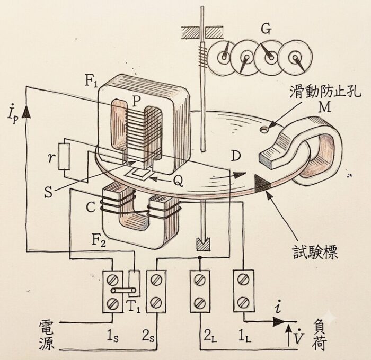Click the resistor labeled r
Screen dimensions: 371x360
[64, 156]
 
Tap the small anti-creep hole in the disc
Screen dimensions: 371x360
[264, 129]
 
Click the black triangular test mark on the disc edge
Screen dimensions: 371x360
[262, 183]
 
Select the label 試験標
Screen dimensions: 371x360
[315, 252]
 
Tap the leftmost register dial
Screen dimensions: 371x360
[223, 57]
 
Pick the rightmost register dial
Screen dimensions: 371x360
[295, 57]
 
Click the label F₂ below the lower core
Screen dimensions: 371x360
[99, 241]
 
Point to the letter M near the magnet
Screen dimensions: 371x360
[324, 108]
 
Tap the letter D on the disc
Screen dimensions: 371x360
[235, 156]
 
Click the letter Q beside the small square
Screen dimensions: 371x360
[178, 181]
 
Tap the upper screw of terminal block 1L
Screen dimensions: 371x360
[243, 279]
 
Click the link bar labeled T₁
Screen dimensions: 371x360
[123, 290]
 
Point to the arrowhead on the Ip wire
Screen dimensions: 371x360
[26, 112]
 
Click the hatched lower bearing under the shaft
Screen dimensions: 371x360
[203, 245]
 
